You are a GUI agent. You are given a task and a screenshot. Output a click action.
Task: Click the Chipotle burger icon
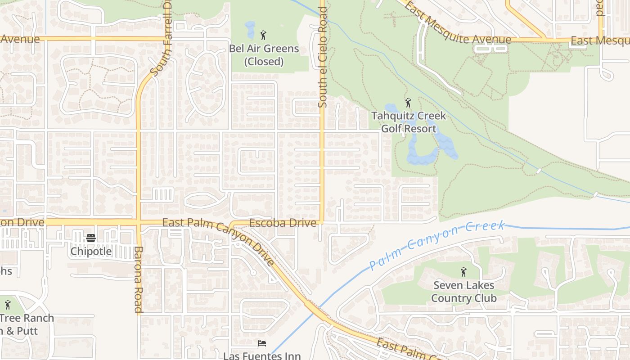[91, 238]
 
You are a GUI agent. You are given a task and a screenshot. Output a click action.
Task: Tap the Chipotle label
[91, 251]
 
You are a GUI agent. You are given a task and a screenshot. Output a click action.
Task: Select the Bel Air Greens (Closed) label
[264, 55]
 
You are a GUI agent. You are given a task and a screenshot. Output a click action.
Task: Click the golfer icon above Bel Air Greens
[264, 35]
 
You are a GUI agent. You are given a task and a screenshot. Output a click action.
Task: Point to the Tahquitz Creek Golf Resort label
[409, 122]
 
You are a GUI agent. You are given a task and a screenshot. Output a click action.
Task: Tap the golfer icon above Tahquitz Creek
[408, 103]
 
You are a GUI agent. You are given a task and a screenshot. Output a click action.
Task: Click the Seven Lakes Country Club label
[463, 292]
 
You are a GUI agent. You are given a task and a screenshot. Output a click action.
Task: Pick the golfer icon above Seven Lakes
[463, 272]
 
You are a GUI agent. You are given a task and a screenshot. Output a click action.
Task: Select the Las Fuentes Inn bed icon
[262, 344]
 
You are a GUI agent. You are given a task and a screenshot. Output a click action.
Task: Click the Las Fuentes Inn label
[262, 355]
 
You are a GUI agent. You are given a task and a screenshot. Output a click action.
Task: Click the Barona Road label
[139, 279]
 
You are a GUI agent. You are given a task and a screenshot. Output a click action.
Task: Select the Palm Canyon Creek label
[436, 245]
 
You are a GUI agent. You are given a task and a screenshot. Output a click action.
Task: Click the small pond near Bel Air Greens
[250, 30]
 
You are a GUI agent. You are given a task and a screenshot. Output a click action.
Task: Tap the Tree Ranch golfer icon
[7, 305]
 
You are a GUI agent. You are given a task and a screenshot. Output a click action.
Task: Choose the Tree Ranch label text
[27, 318]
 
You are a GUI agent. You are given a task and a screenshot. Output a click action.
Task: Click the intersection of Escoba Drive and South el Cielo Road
[322, 222]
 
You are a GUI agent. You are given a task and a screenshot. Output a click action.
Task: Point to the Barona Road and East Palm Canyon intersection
[139, 222]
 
